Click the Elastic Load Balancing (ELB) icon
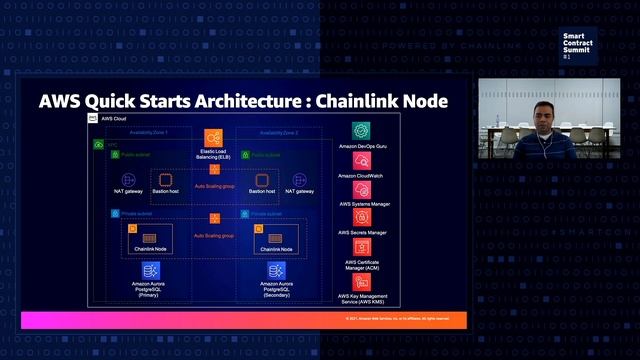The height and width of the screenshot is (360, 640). click(213, 137)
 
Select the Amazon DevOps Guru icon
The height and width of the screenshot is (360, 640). click(362, 130)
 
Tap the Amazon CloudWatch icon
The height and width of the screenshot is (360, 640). click(362, 160)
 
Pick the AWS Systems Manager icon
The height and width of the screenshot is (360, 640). click(362, 188)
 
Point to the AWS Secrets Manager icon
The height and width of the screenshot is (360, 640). click(362, 217)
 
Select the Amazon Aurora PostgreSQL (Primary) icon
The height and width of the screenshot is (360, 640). click(150, 271)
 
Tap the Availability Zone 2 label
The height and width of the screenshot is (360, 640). click(278, 132)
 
